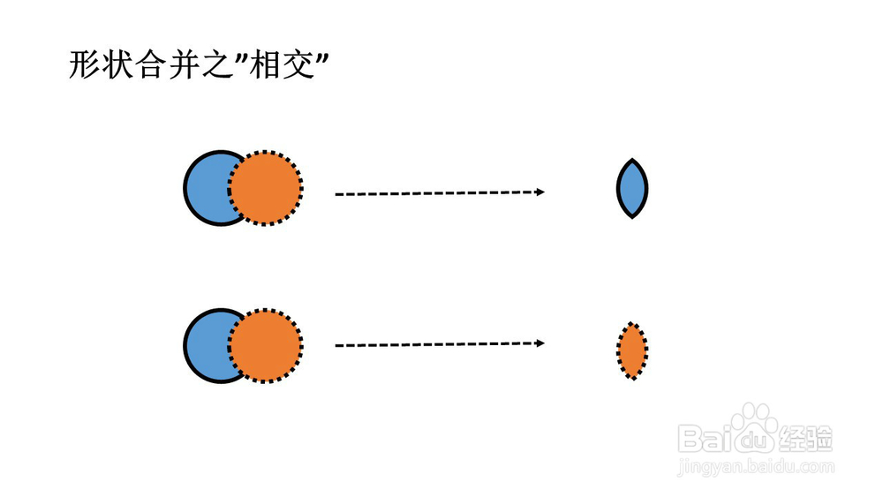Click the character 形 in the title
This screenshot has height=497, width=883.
(85, 64)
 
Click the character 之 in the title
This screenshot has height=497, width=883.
(217, 64)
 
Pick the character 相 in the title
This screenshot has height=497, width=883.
(265, 64)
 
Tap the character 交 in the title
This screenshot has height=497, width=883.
(298, 64)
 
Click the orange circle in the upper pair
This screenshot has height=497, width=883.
(266, 188)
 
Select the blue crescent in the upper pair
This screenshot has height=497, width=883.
(206, 188)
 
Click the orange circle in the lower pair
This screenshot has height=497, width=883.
(266, 345)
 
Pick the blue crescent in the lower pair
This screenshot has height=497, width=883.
(206, 345)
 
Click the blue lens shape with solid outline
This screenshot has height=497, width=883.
(632, 189)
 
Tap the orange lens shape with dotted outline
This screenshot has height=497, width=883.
(632, 350)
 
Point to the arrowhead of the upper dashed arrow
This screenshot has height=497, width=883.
(540, 192)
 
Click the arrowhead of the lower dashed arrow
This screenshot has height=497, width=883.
(540, 343)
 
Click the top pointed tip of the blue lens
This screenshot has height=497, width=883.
(632, 159)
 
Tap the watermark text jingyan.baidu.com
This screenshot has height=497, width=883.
(756, 467)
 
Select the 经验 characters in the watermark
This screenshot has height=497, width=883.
(805, 438)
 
